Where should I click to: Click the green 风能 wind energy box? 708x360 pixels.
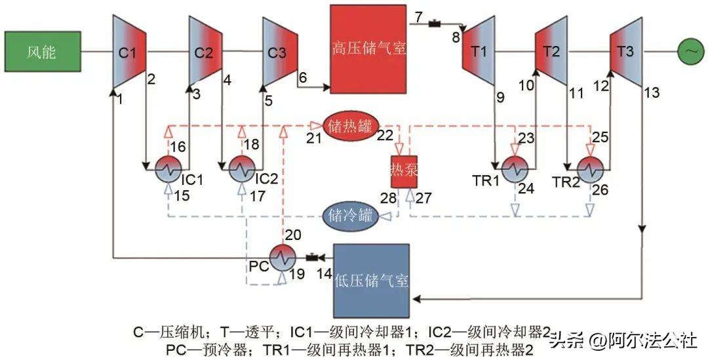[42, 52]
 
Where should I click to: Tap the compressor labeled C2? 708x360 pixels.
[205, 52]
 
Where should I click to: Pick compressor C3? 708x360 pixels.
[279, 52]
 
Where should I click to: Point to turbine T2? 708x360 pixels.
[551, 52]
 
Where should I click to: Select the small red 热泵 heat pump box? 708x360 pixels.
[404, 169]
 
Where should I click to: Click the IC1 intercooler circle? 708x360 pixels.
[167, 169]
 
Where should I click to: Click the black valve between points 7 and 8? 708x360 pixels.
[434, 24]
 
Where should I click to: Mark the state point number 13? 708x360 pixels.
[652, 92]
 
